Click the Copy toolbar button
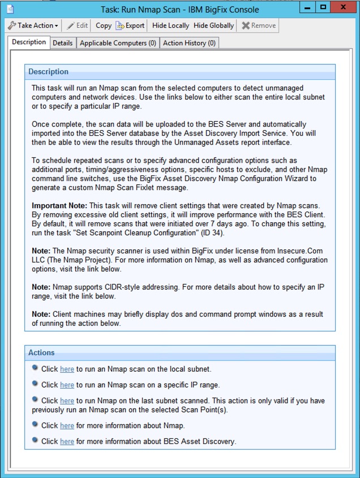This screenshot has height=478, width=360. point(104,25)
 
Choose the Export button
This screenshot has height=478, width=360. point(130,25)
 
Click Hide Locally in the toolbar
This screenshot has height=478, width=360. point(170,25)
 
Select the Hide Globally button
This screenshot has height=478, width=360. point(213,25)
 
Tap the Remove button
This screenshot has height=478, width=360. point(259,25)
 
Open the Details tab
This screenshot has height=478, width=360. point(63,43)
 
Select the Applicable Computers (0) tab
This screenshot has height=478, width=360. point(118,43)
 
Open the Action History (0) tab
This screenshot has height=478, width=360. point(189,43)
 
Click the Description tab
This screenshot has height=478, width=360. point(29,42)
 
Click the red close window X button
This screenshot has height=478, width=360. point(342,8)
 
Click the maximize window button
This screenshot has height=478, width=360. point(322,8)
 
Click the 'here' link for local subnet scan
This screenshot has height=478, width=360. point(67,369)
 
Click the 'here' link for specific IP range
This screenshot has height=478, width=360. point(67,385)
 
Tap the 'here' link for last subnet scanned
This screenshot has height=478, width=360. point(67,401)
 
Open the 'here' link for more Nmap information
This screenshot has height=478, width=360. point(67,425)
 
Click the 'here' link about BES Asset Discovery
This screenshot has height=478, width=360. point(67,441)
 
